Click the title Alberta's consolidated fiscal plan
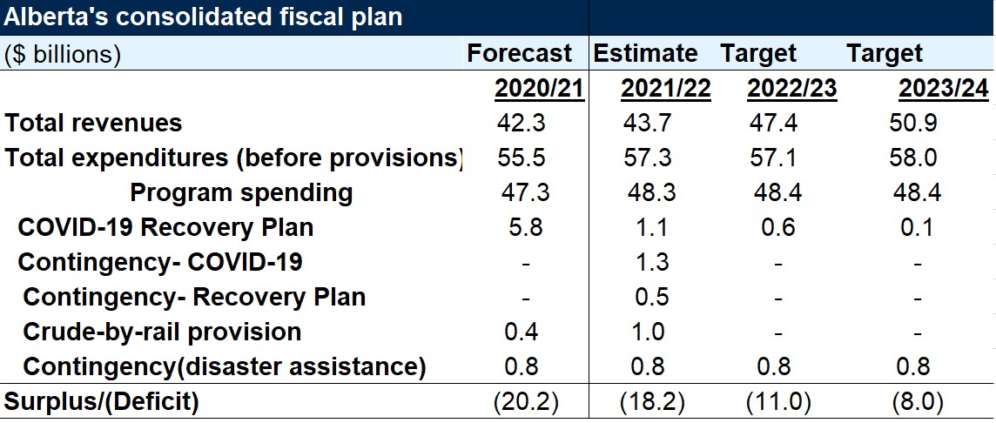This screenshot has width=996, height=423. [205, 17]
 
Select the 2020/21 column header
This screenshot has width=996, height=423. [539, 89]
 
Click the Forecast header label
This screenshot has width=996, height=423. [520, 53]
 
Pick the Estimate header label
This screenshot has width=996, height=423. [645, 53]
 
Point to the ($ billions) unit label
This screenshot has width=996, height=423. [63, 54]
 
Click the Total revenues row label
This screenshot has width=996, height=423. [94, 123]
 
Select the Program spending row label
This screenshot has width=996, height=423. [241, 192]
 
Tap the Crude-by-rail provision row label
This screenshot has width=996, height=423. [162, 332]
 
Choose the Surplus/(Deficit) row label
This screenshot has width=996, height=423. [102, 401]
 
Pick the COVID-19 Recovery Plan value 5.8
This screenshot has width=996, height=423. [525, 227]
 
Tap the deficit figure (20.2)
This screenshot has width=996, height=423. [525, 402]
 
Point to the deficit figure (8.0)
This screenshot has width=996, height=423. [917, 402]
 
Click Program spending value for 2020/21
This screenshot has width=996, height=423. [525, 192]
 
